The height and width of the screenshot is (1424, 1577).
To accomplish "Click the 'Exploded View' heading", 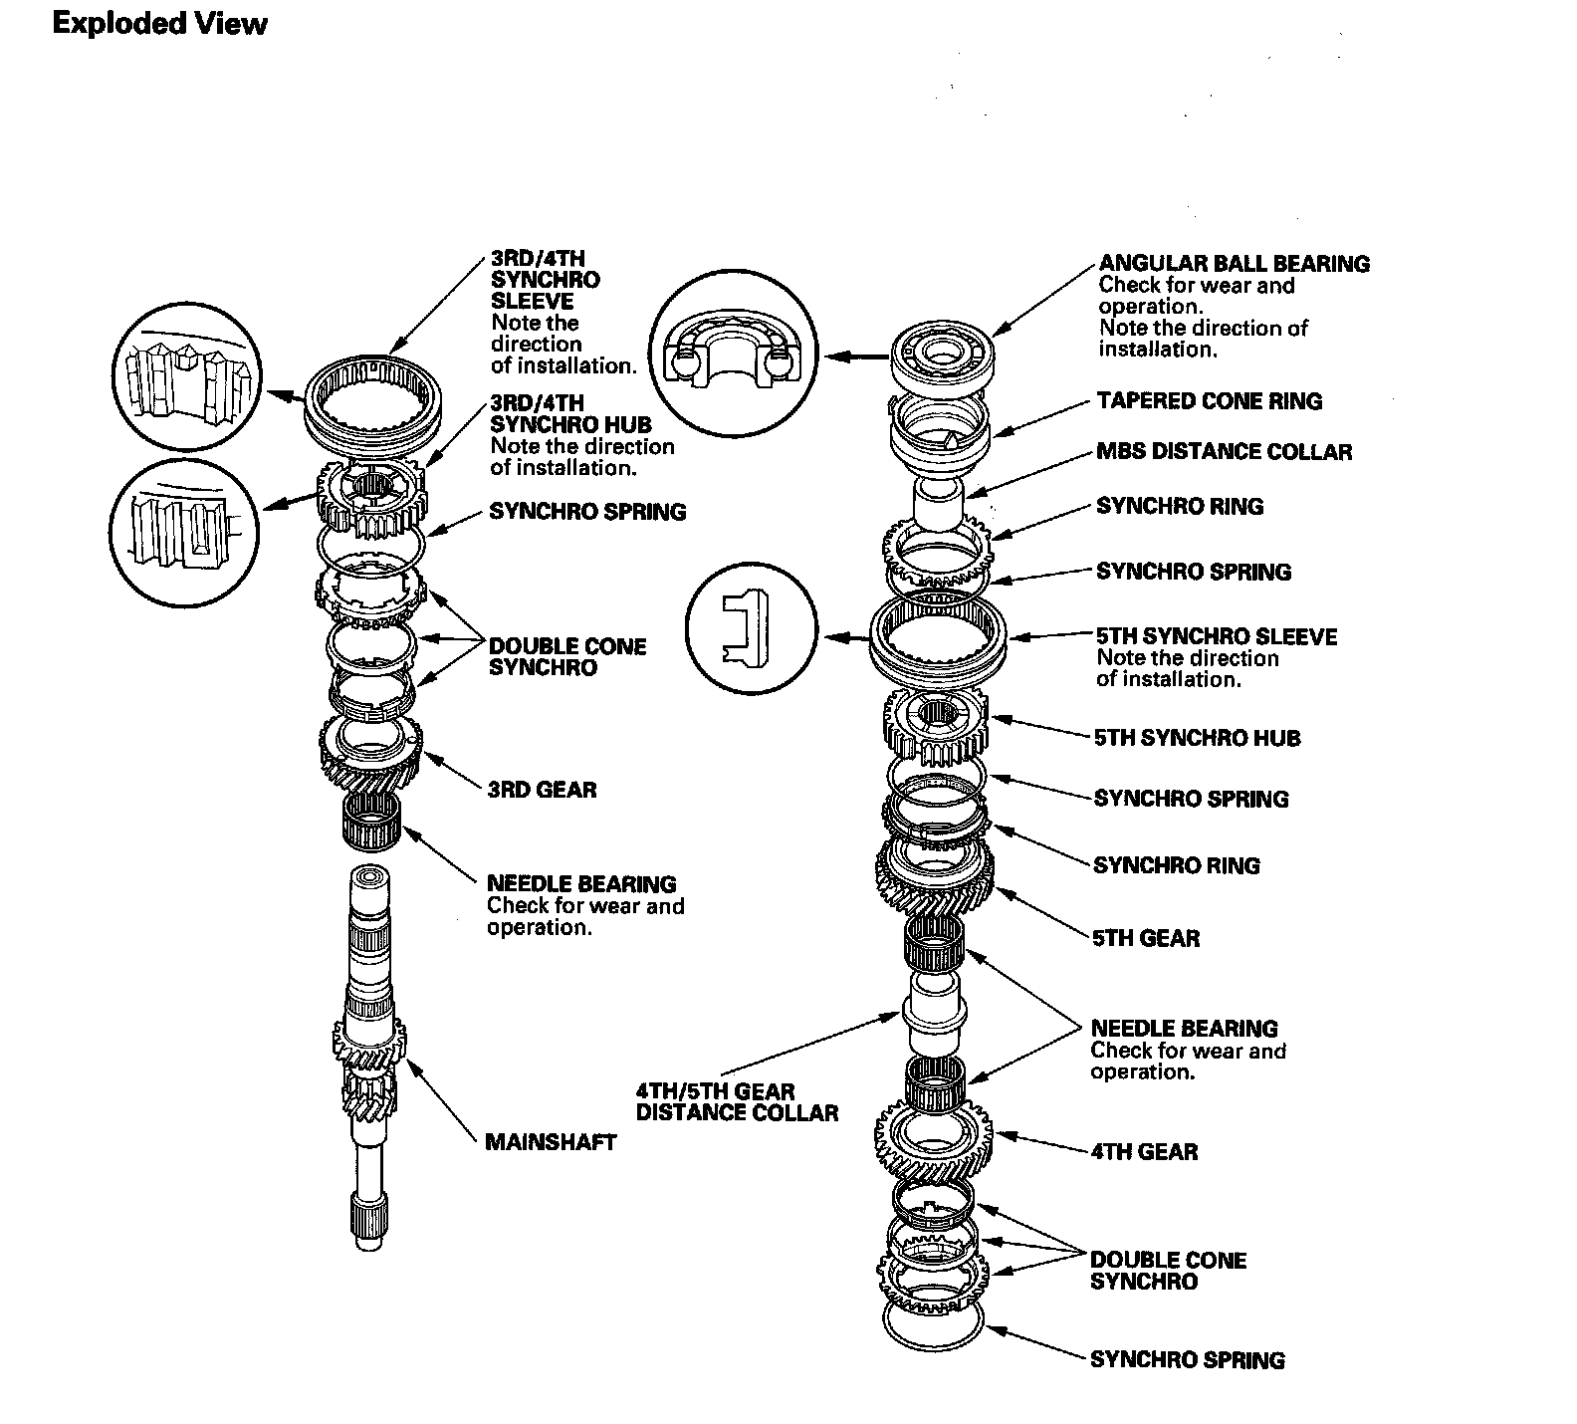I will click(159, 24).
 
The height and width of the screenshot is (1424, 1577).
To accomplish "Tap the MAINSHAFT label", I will click(551, 1142).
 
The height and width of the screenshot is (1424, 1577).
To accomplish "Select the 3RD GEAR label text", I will click(542, 790).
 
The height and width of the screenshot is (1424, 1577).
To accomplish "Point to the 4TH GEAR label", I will click(1144, 1152).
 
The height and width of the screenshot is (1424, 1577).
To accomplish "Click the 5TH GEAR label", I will click(1146, 938).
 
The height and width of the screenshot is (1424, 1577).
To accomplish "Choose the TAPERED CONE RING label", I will click(1209, 401).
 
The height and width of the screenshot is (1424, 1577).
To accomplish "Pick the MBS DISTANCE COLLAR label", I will click(1224, 452).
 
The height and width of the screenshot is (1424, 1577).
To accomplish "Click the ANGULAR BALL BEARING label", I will click(1234, 264).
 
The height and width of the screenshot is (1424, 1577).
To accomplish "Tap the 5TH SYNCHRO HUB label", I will click(1197, 738).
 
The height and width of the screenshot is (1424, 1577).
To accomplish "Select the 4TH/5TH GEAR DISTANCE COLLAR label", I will click(737, 1102).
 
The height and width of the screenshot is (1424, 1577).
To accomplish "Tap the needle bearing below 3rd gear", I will click(370, 822).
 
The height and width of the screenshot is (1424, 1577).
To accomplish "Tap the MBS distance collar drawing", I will click(938, 503).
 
